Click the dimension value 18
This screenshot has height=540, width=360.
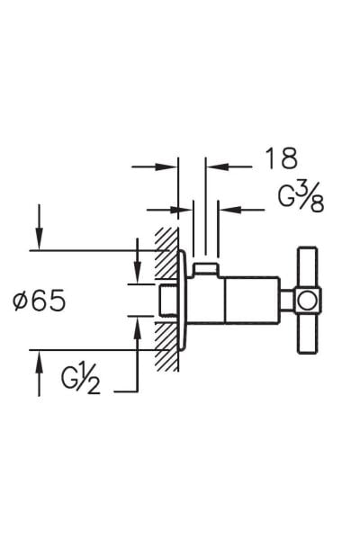(281, 159)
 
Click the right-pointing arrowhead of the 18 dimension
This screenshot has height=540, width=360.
(168, 166)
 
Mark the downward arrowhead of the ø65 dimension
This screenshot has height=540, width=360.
(39, 239)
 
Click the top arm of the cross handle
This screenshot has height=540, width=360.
(304, 266)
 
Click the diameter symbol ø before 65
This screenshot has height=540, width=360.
(22, 301)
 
